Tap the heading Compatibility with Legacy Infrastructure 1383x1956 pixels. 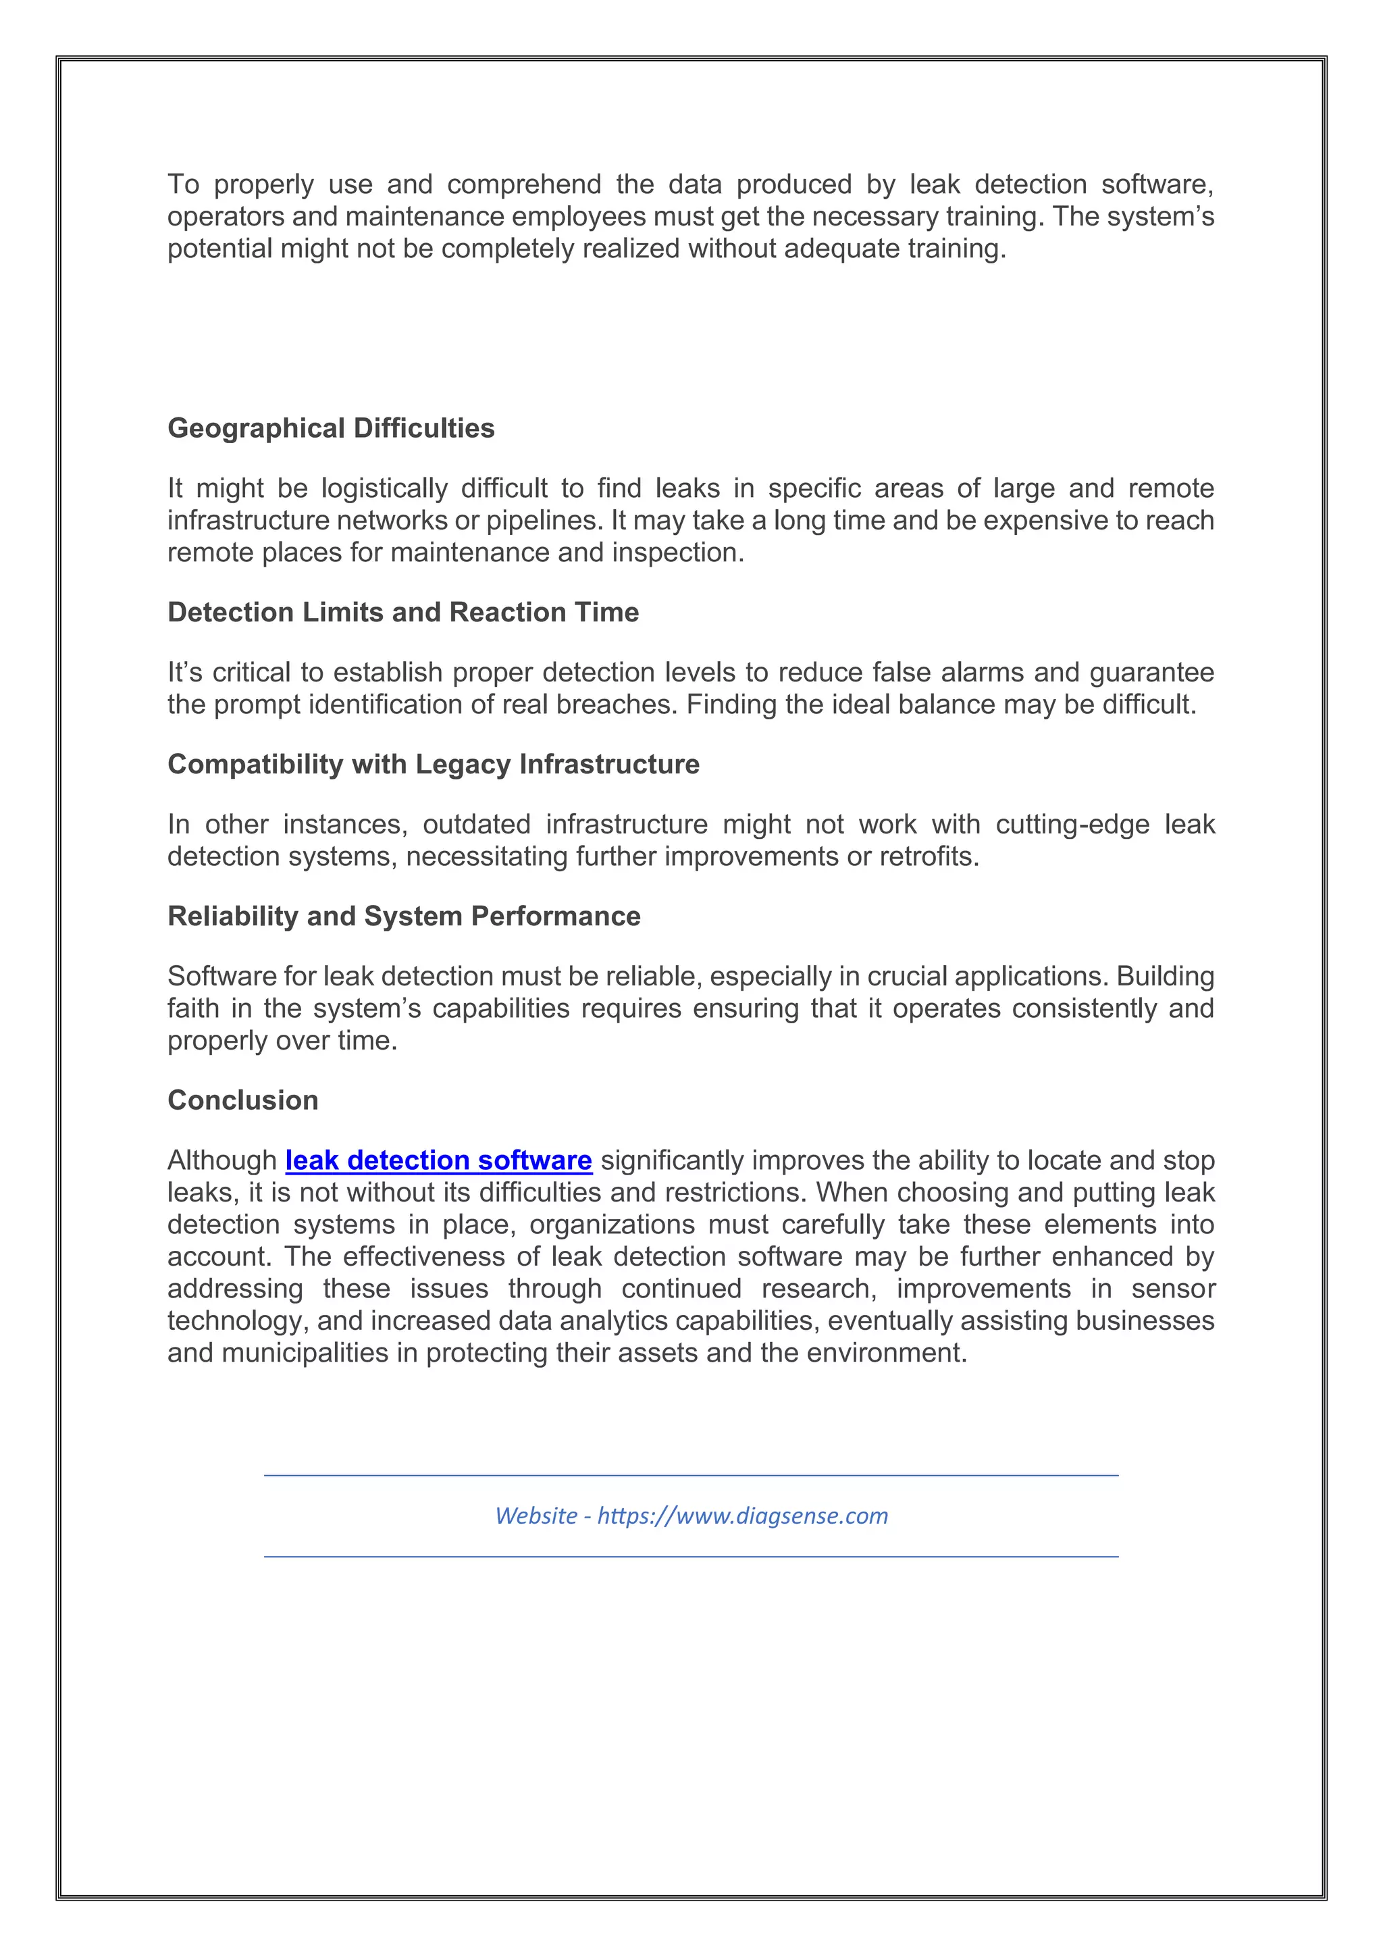tap(434, 764)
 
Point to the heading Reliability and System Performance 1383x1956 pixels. tap(404, 916)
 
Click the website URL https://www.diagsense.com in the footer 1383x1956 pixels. tap(743, 1516)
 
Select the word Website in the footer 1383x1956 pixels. tap(536, 1516)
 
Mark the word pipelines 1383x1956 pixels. tap(546, 521)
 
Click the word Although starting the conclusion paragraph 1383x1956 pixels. tap(222, 1160)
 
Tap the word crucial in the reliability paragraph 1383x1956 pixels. tap(906, 976)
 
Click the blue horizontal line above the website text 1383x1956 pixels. tap(691, 1476)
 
